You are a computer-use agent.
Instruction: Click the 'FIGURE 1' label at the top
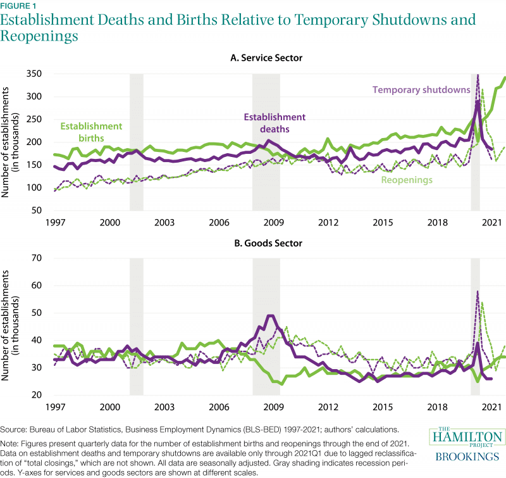[x=18, y=6]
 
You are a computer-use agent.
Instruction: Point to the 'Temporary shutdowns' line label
[x=421, y=89]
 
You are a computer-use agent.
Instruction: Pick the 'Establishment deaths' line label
[x=274, y=123]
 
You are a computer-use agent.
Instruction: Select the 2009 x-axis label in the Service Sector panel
[x=272, y=223]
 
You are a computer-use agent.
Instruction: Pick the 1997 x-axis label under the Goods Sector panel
[x=55, y=408]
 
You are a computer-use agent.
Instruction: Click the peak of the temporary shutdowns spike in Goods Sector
[x=477, y=291]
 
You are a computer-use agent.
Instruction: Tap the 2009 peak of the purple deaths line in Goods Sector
[x=271, y=315]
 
